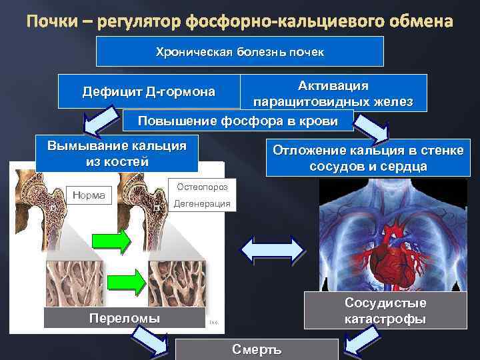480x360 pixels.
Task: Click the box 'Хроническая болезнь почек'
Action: [x=239, y=51]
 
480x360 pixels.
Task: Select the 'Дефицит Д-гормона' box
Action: [x=148, y=91]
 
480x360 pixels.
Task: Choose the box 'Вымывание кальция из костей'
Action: [x=117, y=153]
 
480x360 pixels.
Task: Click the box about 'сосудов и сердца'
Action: [x=367, y=157]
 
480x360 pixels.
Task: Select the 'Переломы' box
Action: [x=125, y=318]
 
